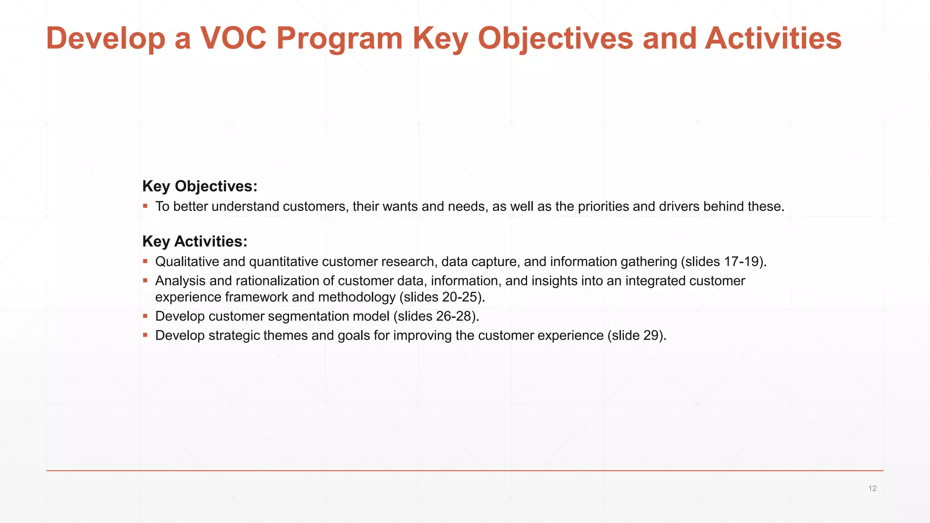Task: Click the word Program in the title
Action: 339,38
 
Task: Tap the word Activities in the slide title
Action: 773,38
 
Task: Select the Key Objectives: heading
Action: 200,186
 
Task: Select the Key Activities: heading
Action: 195,241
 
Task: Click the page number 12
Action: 872,488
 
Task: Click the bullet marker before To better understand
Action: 145,206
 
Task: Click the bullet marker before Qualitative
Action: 145,261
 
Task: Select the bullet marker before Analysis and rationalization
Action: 145,281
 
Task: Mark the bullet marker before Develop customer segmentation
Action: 145,316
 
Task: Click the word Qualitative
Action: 187,261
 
